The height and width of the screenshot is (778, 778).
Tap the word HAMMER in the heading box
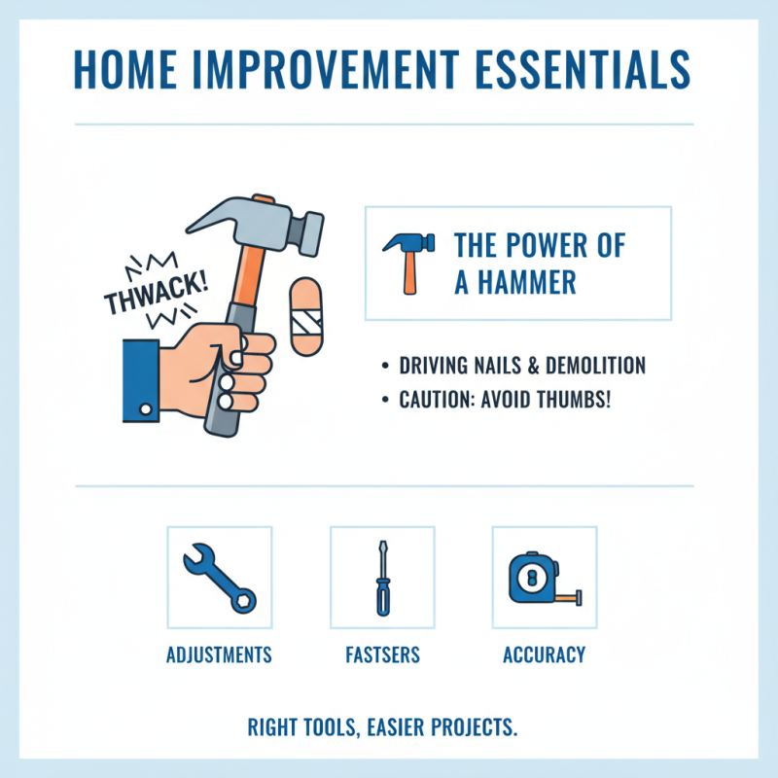(x=529, y=282)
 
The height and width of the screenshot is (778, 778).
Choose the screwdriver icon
(x=381, y=577)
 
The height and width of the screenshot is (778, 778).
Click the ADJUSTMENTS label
(x=219, y=654)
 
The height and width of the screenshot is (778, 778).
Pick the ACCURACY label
(x=545, y=654)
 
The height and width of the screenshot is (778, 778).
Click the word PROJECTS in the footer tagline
(x=476, y=727)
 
